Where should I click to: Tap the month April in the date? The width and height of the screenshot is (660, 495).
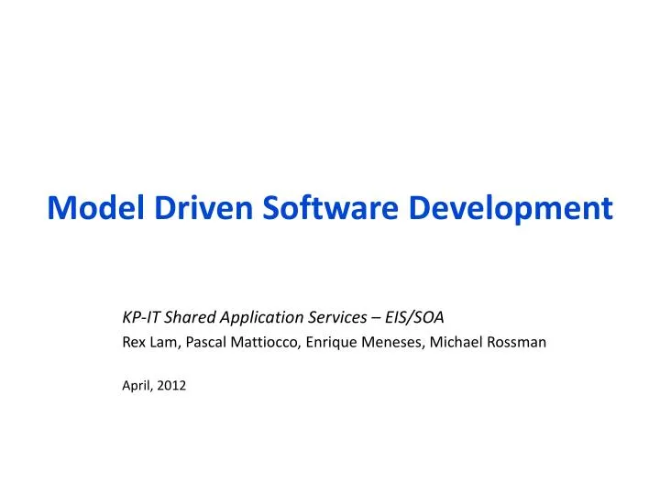[137, 386]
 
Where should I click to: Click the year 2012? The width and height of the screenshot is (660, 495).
[171, 386]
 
